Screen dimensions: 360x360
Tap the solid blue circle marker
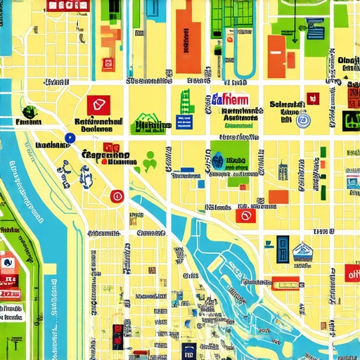(x=69, y=139)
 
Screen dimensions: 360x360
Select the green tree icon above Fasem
(x=30, y=110)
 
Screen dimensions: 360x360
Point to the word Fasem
(x=28, y=123)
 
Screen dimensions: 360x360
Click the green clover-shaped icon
(x=149, y=162)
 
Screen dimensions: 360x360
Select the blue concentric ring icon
(x=304, y=121)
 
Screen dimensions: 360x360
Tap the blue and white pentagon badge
(x=302, y=250)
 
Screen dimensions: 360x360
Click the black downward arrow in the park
(x=295, y=41)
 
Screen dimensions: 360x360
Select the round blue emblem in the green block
(x=219, y=159)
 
